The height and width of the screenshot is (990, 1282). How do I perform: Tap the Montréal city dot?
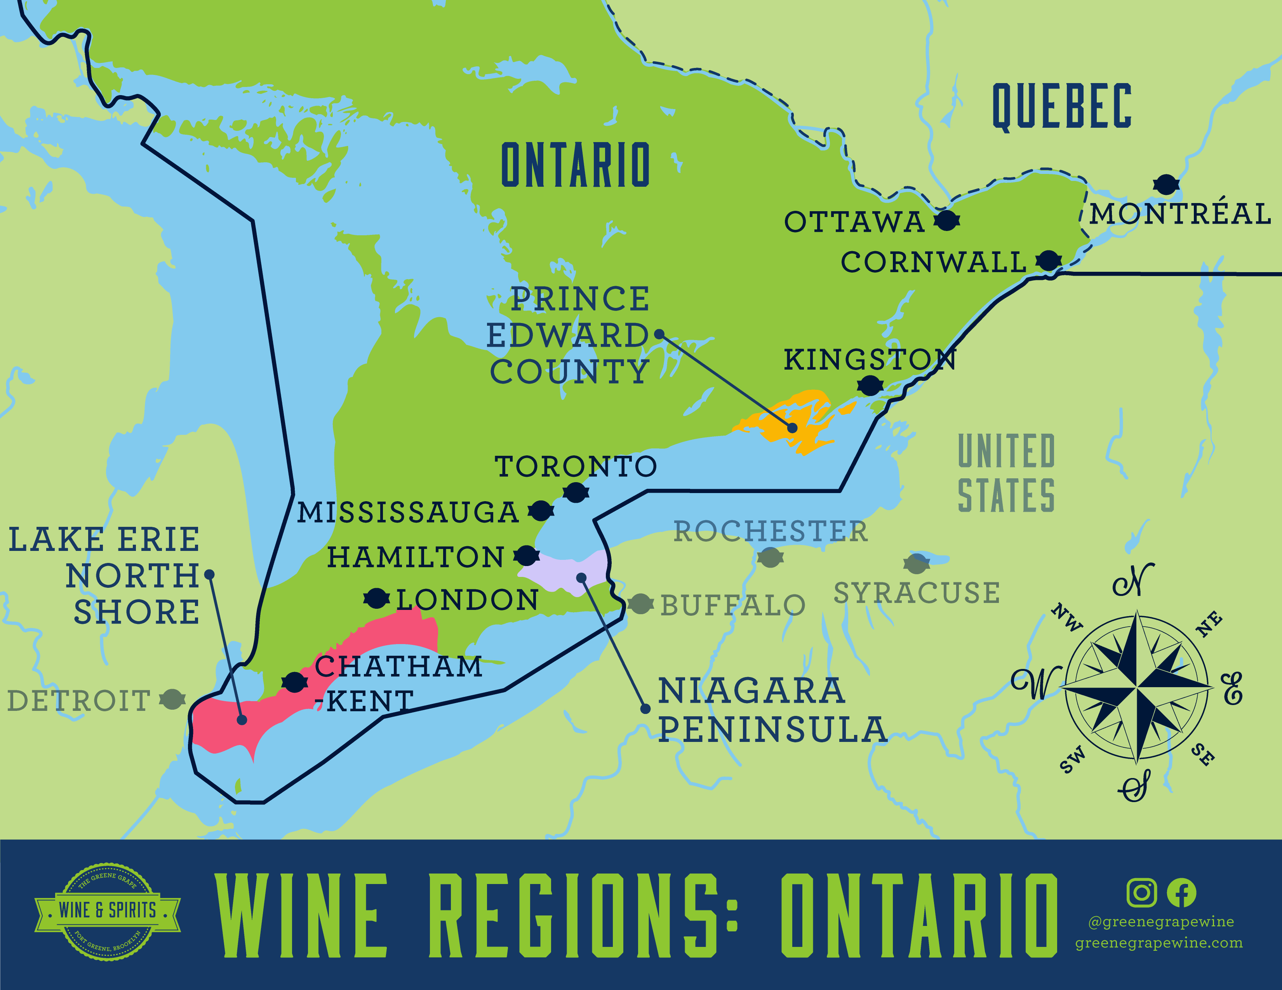click(x=1166, y=184)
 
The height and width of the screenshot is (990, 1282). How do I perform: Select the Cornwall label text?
click(x=933, y=262)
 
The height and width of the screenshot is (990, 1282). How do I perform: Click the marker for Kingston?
click(x=870, y=386)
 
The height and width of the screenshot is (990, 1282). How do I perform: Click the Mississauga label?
click(x=408, y=512)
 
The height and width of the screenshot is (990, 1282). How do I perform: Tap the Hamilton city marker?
click(x=527, y=555)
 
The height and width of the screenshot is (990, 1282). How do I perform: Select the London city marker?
click(x=376, y=599)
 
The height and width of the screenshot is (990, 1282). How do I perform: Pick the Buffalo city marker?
click(x=640, y=604)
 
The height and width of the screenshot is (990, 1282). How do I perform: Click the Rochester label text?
click(x=770, y=531)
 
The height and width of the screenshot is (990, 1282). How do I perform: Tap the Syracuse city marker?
click(x=916, y=564)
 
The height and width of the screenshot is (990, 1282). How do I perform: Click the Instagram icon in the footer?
click(x=1142, y=893)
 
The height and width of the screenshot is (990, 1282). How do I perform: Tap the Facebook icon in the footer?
click(x=1181, y=893)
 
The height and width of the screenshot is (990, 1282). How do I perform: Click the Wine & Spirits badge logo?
click(x=108, y=911)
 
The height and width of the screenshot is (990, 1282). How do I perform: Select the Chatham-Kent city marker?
click(x=294, y=683)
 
